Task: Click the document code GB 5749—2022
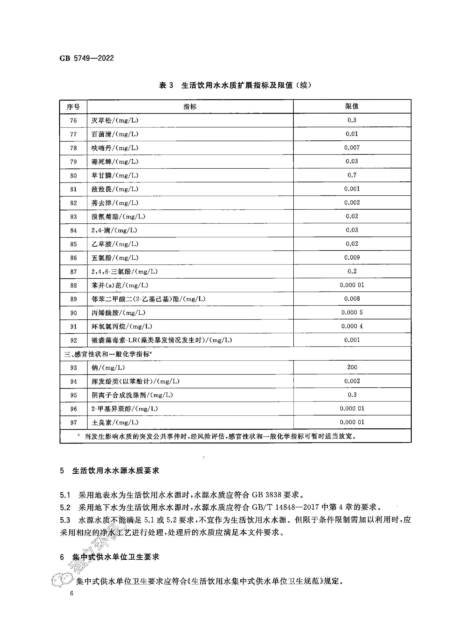point(87,58)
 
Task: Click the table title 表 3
point(166,85)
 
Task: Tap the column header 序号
point(73,107)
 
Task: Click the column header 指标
point(190,107)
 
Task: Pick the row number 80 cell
point(73,175)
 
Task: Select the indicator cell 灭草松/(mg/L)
point(115,120)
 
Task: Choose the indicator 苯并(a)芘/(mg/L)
point(120,285)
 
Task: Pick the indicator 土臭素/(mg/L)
point(115,422)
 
